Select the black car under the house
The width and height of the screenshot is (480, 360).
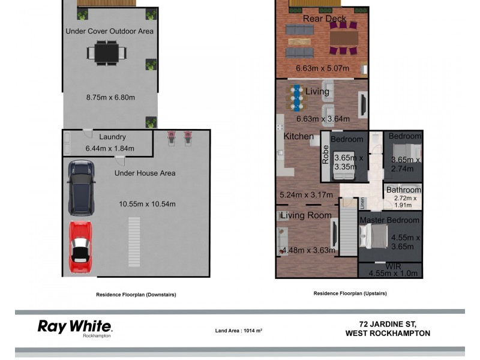pyautogui.click(x=82, y=187)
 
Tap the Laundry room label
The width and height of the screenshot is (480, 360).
pyautogui.click(x=112, y=137)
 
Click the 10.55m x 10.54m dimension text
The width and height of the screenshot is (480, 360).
pyautogui.click(x=147, y=204)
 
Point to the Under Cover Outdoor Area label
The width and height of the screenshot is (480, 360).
pyautogui.click(x=109, y=31)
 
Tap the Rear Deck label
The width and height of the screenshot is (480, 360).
pyautogui.click(x=324, y=19)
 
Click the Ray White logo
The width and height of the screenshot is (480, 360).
pyautogui.click(x=74, y=327)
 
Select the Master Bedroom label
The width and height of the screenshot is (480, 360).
pyautogui.click(x=389, y=220)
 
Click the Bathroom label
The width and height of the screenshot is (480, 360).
pyautogui.click(x=404, y=190)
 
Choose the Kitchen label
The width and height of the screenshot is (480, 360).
pyautogui.click(x=299, y=136)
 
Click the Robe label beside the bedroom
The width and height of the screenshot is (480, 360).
pyautogui.click(x=326, y=155)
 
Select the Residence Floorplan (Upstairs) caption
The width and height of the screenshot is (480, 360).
pyautogui.click(x=350, y=293)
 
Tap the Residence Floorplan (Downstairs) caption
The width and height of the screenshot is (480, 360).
pyautogui.click(x=136, y=295)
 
